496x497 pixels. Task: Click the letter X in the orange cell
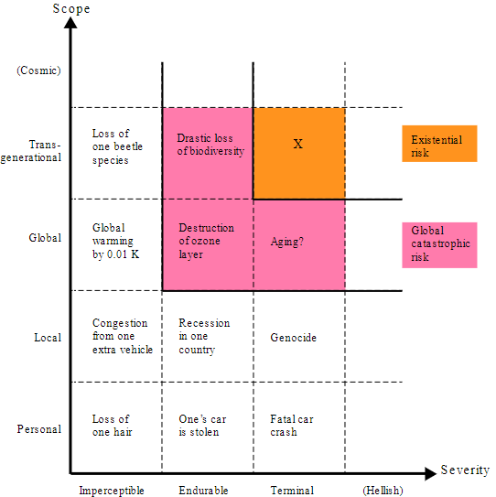pyautogui.click(x=297, y=144)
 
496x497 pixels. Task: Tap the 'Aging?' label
pyautogui.click(x=286, y=242)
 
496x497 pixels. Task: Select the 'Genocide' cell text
pyautogui.click(x=293, y=338)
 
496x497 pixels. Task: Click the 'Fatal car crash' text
pyautogui.click(x=292, y=426)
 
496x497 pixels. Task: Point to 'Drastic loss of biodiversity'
pyautogui.click(x=210, y=145)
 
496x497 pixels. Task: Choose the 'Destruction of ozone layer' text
pyautogui.click(x=206, y=241)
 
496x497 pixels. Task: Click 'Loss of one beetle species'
pyautogui.click(x=117, y=146)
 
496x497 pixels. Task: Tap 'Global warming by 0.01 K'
pyautogui.click(x=115, y=241)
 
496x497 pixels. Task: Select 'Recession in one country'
pyautogui.click(x=204, y=336)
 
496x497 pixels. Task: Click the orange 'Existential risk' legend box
pyautogui.click(x=439, y=144)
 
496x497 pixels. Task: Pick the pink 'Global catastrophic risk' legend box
pyautogui.click(x=439, y=245)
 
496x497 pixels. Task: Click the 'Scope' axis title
pyautogui.click(x=71, y=8)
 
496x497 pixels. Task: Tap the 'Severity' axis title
pyautogui.click(x=465, y=470)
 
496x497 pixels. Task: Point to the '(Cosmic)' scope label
pyautogui.click(x=38, y=70)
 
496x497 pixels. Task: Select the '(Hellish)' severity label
pyautogui.click(x=383, y=491)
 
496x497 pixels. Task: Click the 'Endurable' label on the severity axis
pyautogui.click(x=203, y=491)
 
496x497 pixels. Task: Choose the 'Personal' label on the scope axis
pyautogui.click(x=39, y=429)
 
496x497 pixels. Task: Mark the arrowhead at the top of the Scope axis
pyautogui.click(x=70, y=22)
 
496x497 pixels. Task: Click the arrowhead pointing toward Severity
pyautogui.click(x=431, y=474)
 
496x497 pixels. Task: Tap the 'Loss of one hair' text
pyautogui.click(x=112, y=426)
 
